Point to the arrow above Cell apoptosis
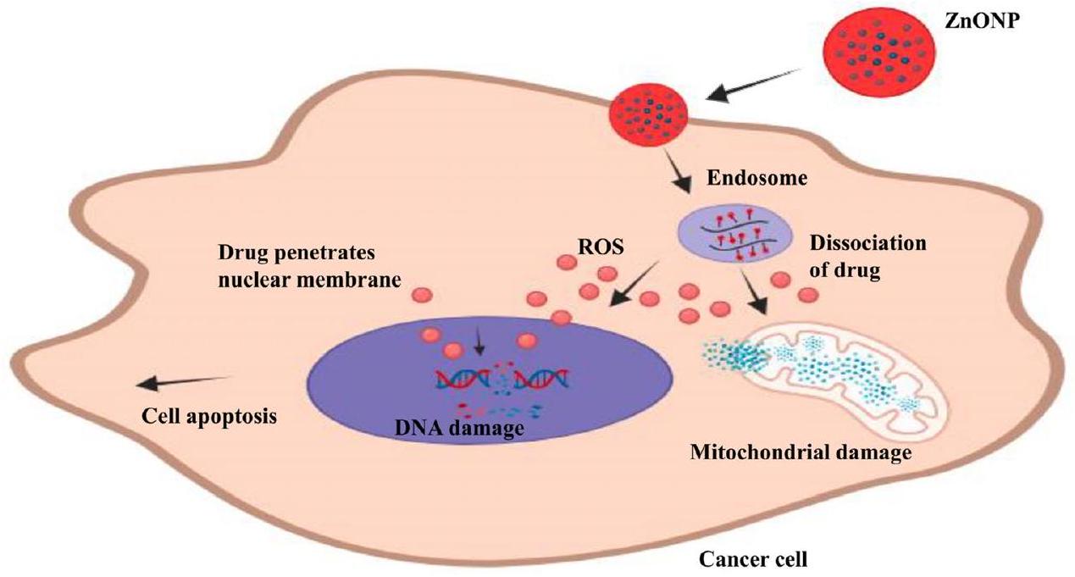pyautogui.click(x=182, y=380)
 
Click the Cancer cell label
pyautogui.click(x=753, y=559)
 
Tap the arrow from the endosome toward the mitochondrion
pyautogui.click(x=753, y=292)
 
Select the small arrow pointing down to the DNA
pyautogui.click(x=479, y=342)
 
